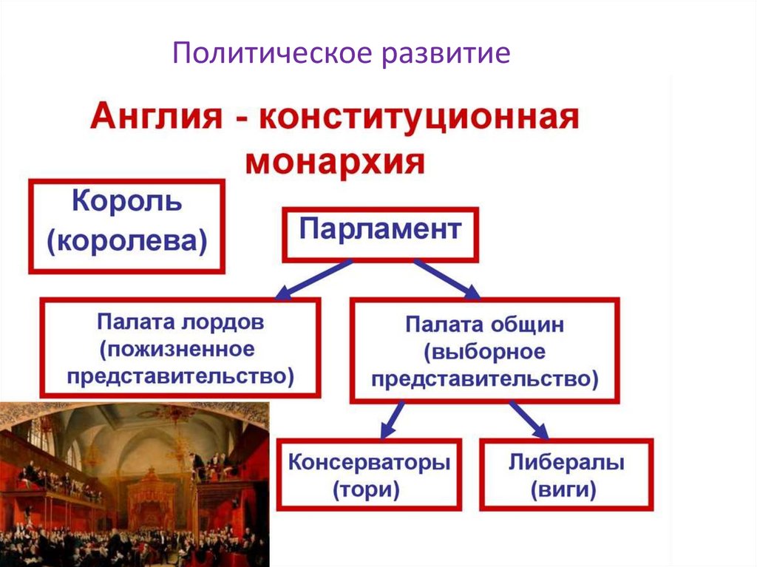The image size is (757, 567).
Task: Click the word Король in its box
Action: (126, 203)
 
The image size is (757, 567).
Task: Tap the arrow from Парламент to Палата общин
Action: (445, 279)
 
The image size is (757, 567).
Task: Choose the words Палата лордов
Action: (180, 323)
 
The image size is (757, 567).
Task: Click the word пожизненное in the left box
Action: (180, 348)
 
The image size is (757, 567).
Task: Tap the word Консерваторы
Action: (369, 463)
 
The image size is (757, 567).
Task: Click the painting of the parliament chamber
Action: (134, 484)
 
